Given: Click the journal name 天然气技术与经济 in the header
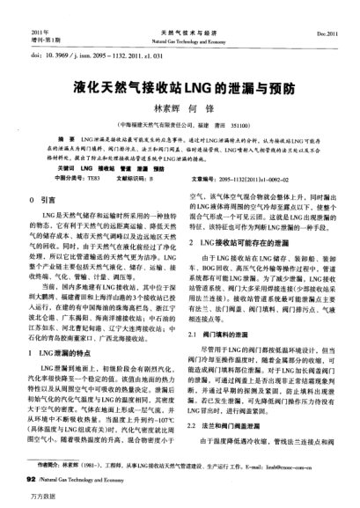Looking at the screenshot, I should coord(179,8).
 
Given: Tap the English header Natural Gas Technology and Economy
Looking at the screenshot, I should coord(179,17).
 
